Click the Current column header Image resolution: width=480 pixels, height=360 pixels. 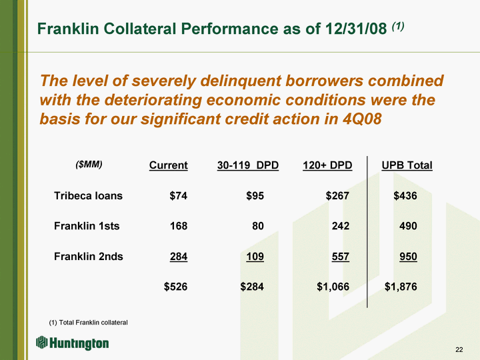[169, 165]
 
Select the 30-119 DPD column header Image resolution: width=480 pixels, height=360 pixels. [248, 165]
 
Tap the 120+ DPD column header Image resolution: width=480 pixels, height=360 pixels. [327, 165]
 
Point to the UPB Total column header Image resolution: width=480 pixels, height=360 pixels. [407, 165]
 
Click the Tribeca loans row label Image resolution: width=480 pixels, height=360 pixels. [88, 195]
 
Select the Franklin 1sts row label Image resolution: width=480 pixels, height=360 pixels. [87, 226]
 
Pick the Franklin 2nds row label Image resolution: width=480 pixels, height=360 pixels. [89, 256]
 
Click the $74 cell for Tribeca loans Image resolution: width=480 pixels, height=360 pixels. [179, 195]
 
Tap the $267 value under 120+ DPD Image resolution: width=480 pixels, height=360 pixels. [337, 195]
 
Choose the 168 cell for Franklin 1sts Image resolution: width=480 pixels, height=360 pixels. [179, 226]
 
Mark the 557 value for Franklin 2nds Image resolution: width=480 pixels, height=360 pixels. [341, 256]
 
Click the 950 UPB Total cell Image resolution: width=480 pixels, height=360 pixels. [408, 256]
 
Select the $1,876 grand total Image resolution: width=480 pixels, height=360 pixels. [401, 287]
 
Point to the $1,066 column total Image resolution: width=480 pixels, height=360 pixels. [333, 287]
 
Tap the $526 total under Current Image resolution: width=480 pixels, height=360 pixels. [175, 287]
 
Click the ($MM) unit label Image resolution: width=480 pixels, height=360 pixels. [89, 165]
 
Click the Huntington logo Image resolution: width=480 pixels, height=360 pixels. [72, 343]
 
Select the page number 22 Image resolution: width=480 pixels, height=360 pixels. [459, 349]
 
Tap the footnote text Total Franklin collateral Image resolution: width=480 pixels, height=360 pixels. [93, 323]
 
